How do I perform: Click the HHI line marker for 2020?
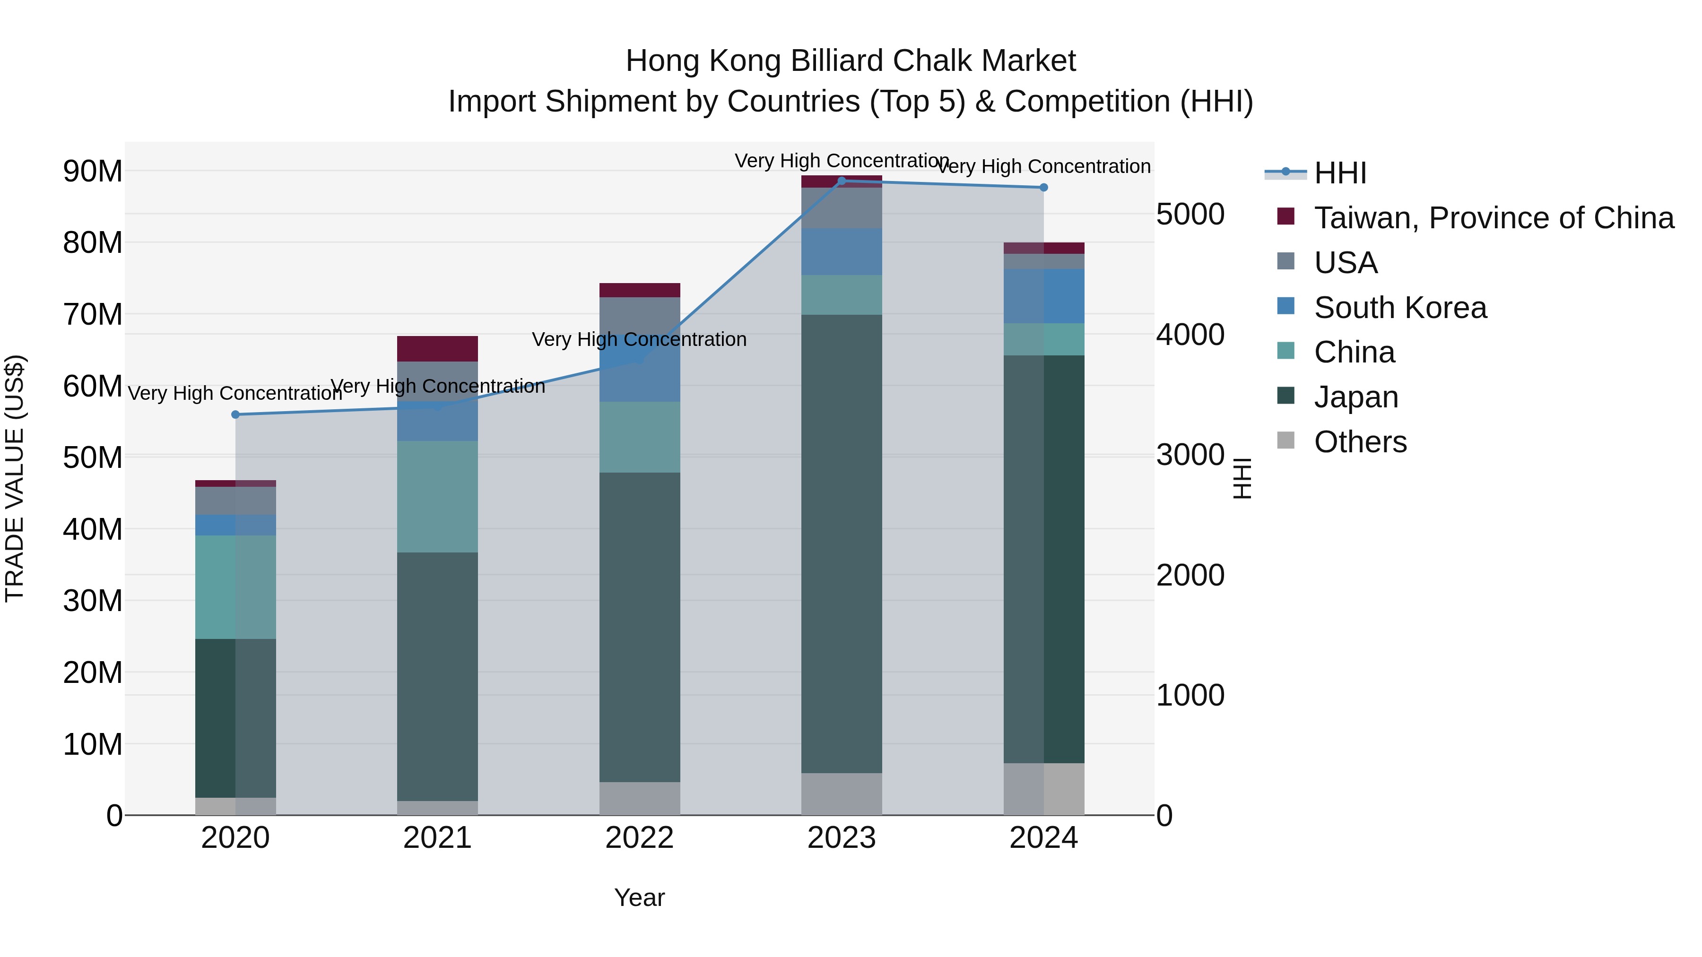[235, 415]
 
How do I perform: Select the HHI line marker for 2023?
[841, 181]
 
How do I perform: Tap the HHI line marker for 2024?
[1043, 188]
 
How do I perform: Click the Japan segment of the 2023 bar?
[841, 543]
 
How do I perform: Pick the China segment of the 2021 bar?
[437, 497]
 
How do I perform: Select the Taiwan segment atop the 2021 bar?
[437, 349]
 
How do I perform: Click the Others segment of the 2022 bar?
[640, 799]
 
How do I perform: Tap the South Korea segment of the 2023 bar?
[841, 251]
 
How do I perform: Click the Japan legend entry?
[1356, 397]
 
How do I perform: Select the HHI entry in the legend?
[1339, 173]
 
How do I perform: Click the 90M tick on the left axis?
[93, 171]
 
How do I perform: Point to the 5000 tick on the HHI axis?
[1190, 214]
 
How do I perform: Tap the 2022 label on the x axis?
[640, 838]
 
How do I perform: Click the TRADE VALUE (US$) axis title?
[15, 478]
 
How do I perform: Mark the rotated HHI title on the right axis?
[1242, 478]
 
